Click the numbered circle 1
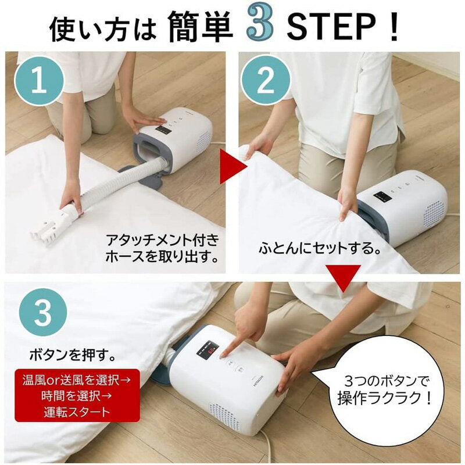coord(39,81)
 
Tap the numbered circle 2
coord(265,80)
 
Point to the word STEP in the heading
coord(331,27)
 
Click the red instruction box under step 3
coord(77,395)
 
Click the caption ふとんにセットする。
coord(321,248)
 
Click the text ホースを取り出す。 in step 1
coord(163,257)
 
